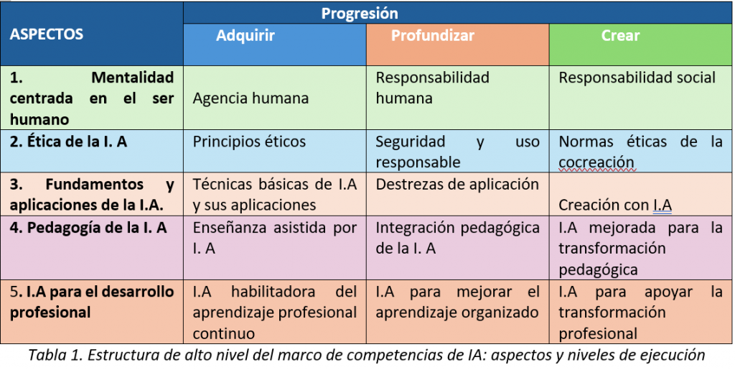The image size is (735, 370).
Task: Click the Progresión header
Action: [x=360, y=13]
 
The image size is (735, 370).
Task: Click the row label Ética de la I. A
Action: [x=68, y=142]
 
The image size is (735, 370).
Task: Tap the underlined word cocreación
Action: [x=596, y=162]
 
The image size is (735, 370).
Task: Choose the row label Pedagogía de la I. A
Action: [x=88, y=228]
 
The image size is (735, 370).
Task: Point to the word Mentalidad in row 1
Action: [x=133, y=78]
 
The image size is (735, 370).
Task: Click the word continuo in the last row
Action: [x=224, y=333]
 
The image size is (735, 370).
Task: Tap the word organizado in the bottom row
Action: [x=500, y=313]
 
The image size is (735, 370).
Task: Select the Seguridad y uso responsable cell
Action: [x=457, y=152]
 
